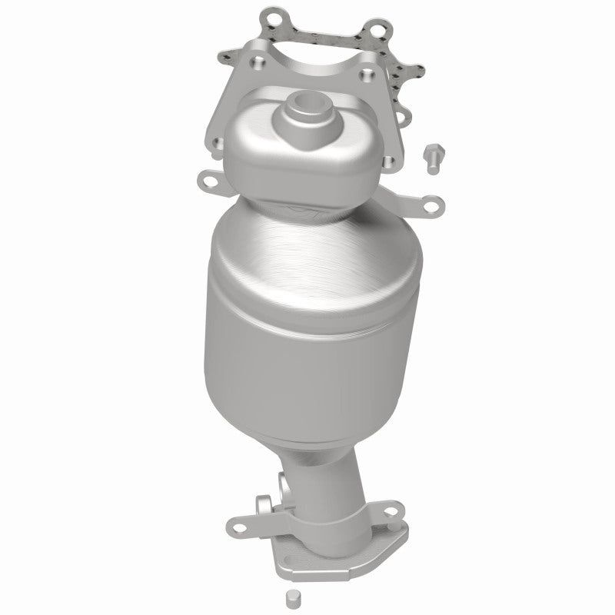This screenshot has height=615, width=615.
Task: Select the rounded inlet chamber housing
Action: [304, 146]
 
